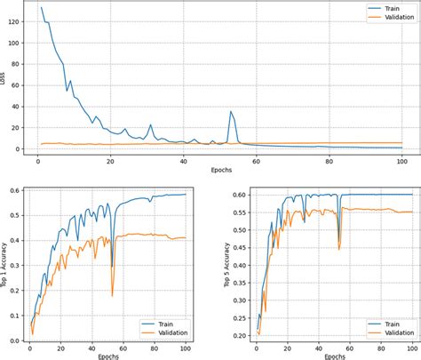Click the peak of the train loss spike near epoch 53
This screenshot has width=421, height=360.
tap(231, 112)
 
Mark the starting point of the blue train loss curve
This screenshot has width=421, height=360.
tap(41, 8)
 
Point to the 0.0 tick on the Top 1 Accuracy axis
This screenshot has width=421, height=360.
tap(15, 340)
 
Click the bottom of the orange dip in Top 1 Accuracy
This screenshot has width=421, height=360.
tap(113, 296)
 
